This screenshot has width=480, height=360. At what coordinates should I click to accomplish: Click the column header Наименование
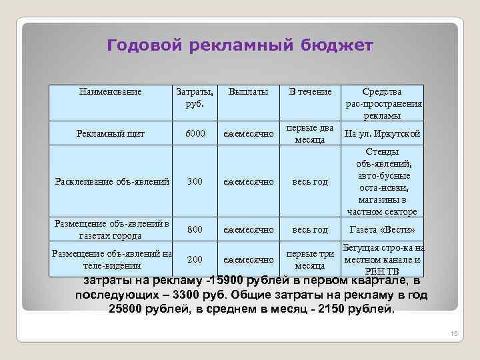111,91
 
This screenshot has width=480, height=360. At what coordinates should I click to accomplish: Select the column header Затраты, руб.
195,97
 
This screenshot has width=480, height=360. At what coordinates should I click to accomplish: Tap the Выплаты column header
249,91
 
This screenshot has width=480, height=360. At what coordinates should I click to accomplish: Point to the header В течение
309,91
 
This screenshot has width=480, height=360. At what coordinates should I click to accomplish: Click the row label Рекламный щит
111,134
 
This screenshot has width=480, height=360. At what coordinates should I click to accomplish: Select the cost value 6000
195,134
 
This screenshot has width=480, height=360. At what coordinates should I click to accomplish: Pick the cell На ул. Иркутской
382,134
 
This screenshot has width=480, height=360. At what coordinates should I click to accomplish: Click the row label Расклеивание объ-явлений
111,181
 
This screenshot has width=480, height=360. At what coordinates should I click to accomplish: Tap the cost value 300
195,181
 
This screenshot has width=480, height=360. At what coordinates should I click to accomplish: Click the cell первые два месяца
309,134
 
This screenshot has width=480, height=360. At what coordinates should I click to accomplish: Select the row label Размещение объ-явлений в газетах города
111,229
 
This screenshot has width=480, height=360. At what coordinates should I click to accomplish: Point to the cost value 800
195,230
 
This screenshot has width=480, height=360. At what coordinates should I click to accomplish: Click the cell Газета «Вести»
382,230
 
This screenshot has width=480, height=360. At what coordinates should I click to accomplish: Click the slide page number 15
455,334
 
